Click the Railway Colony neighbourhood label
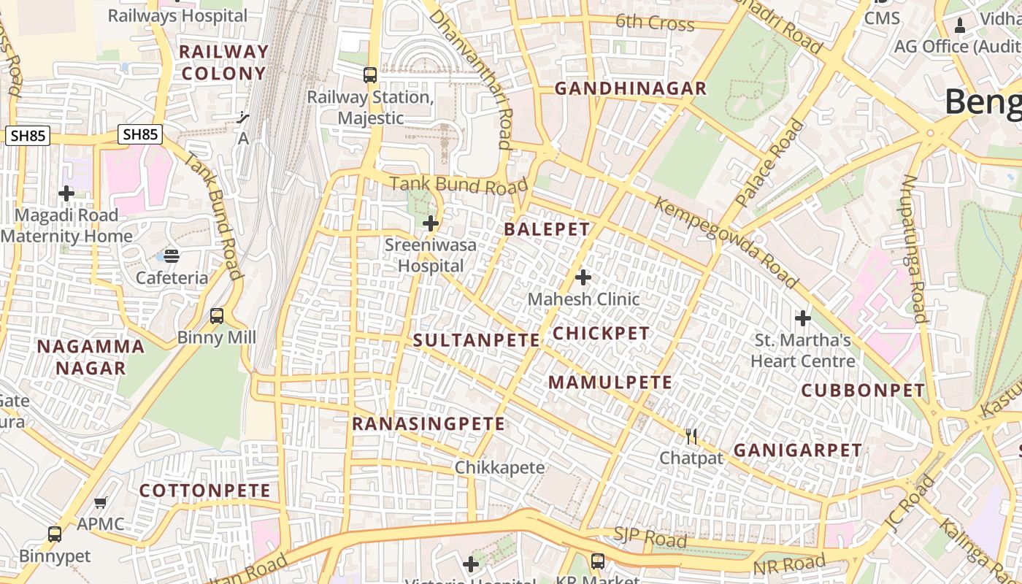point(223,63)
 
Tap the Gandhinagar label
point(630,88)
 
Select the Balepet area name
point(547,229)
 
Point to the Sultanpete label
point(477,340)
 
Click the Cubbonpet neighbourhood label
point(863,391)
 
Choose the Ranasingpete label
point(429,424)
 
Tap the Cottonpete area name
point(205,491)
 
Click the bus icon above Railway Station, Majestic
point(370,74)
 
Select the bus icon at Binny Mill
point(217,316)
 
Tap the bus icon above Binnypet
point(55,534)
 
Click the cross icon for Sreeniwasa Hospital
point(431,223)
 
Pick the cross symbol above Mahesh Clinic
point(583,277)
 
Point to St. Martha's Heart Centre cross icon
point(803,318)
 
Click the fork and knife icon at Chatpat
point(691,437)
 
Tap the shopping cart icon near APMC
point(101,503)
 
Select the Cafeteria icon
point(172,256)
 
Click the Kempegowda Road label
point(726,242)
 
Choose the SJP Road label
point(650,538)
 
